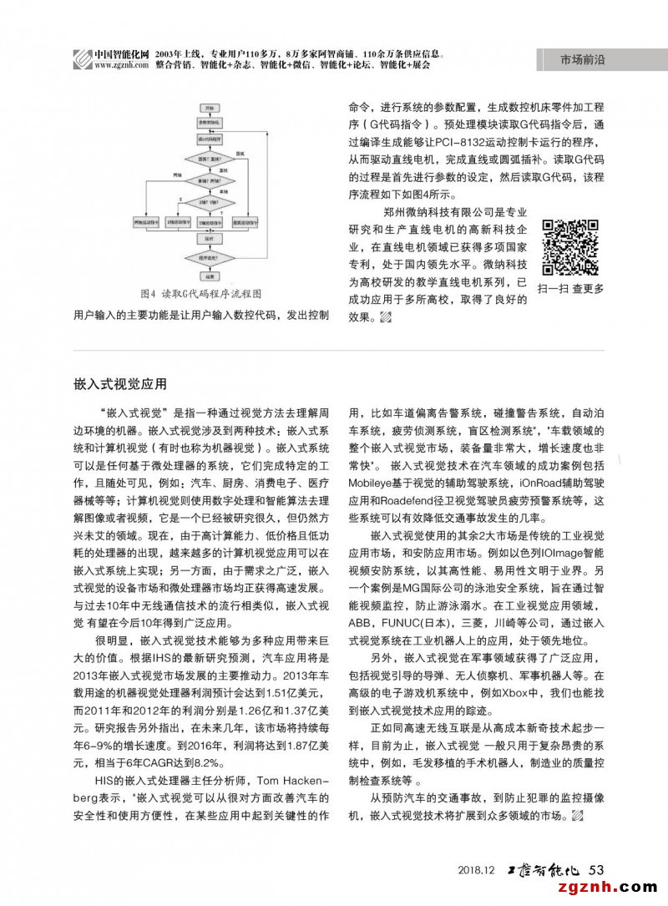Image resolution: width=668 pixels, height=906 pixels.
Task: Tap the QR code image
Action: pos(571,248)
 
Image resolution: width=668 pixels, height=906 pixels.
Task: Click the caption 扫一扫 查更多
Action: pos(571,288)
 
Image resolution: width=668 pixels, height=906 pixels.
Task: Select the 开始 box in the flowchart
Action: pos(207,109)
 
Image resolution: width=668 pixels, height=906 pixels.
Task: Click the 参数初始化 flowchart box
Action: pos(207,123)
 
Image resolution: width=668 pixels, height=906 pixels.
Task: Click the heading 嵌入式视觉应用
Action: pos(120,384)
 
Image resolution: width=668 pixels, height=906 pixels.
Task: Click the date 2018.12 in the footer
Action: pos(477,870)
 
